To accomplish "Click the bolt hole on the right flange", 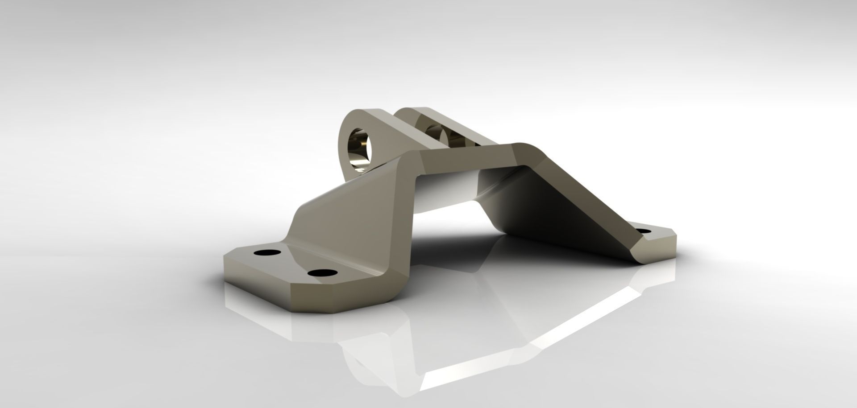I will coord(644,231).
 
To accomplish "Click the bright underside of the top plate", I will coord(446,192).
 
